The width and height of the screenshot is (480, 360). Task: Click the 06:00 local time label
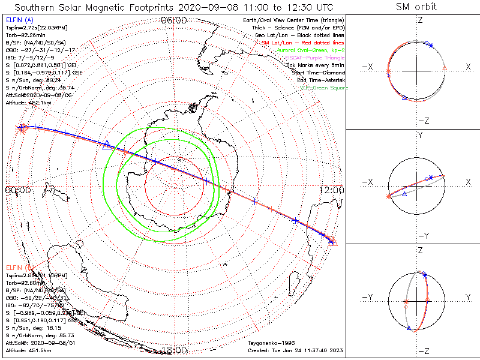click(x=173, y=20)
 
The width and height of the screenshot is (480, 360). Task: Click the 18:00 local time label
click(x=175, y=350)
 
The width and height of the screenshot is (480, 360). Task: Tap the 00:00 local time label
click(x=17, y=190)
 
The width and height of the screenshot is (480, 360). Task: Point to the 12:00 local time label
click(x=332, y=190)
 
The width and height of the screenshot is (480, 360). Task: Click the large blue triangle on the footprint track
click(x=107, y=144)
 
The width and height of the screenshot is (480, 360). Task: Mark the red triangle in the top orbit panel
click(x=444, y=69)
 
